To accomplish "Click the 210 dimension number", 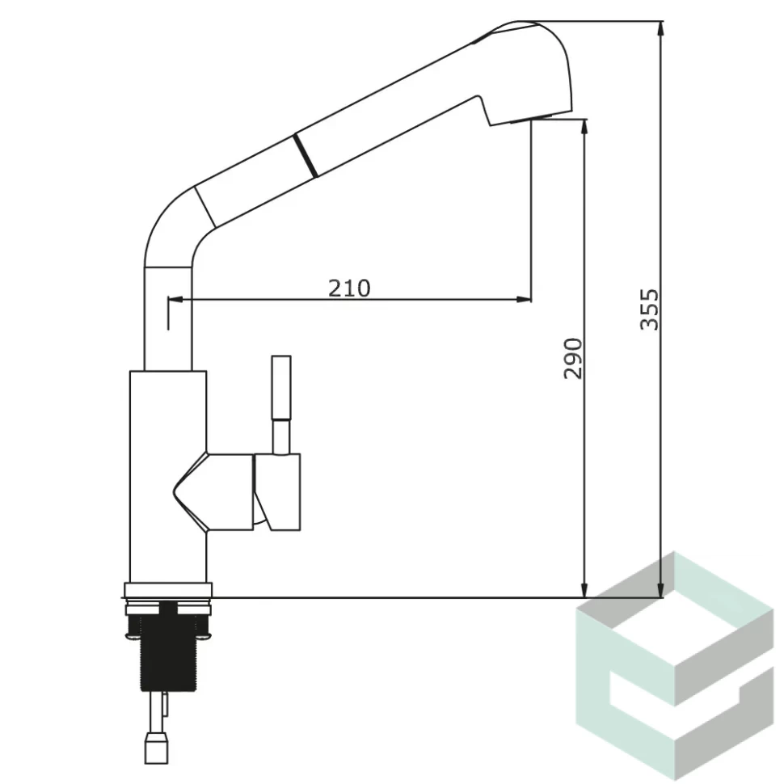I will (349, 288).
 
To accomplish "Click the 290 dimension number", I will (572, 358).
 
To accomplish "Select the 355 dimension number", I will (650, 309).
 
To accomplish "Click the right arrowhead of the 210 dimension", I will (524, 300).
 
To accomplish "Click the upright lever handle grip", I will (281, 387).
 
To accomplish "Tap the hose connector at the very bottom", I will (157, 748).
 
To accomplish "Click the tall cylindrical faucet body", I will (168, 477).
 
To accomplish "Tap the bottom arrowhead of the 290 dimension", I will (584, 590).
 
